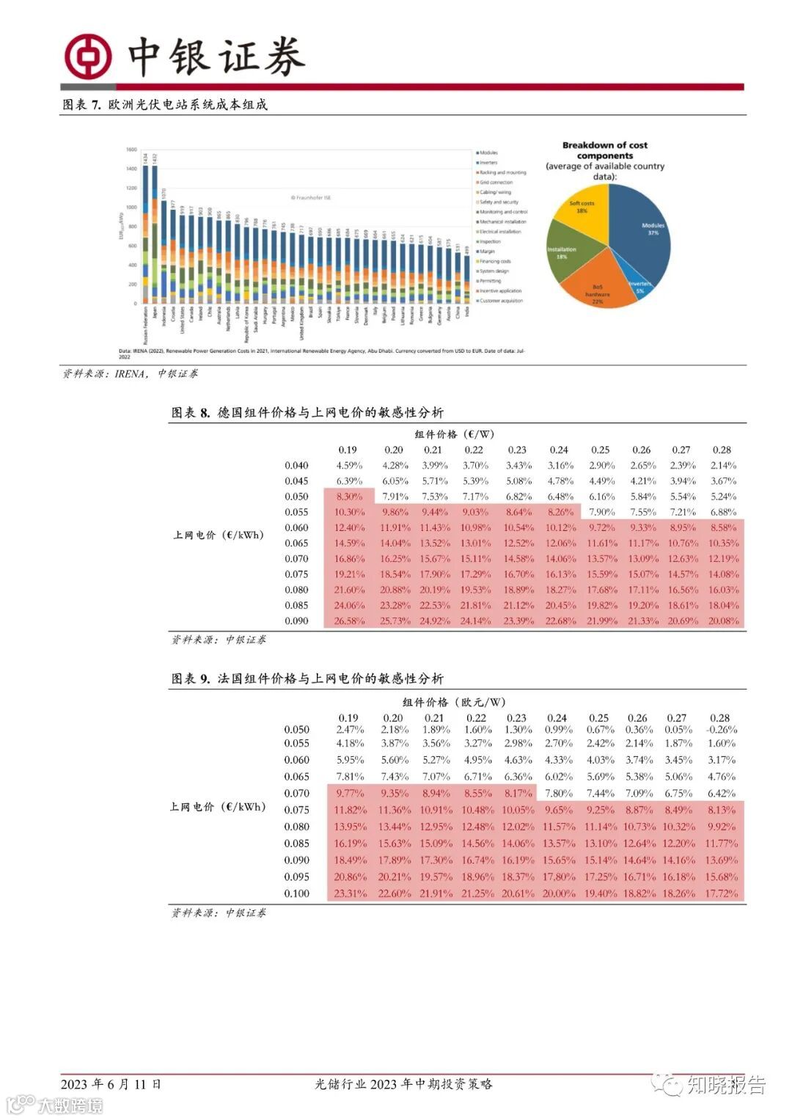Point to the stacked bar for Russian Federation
pyautogui.click(x=145, y=235)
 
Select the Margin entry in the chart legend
pyautogui.click(x=487, y=252)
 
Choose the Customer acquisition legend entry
pyautogui.click(x=501, y=301)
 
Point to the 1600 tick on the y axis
pyautogui.click(x=131, y=150)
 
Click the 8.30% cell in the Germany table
pyautogui.click(x=349, y=497)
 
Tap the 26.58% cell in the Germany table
pyautogui.click(x=349, y=621)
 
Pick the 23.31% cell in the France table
pyautogui.click(x=349, y=893)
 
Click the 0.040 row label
pyautogui.click(x=296, y=465)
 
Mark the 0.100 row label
pyautogui.click(x=297, y=893)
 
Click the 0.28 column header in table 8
pyautogui.click(x=722, y=450)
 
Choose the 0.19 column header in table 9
pyautogui.click(x=348, y=718)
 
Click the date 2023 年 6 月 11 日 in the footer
pyautogui.click(x=110, y=1084)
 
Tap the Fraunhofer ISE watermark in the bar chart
pyautogui.click(x=310, y=198)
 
